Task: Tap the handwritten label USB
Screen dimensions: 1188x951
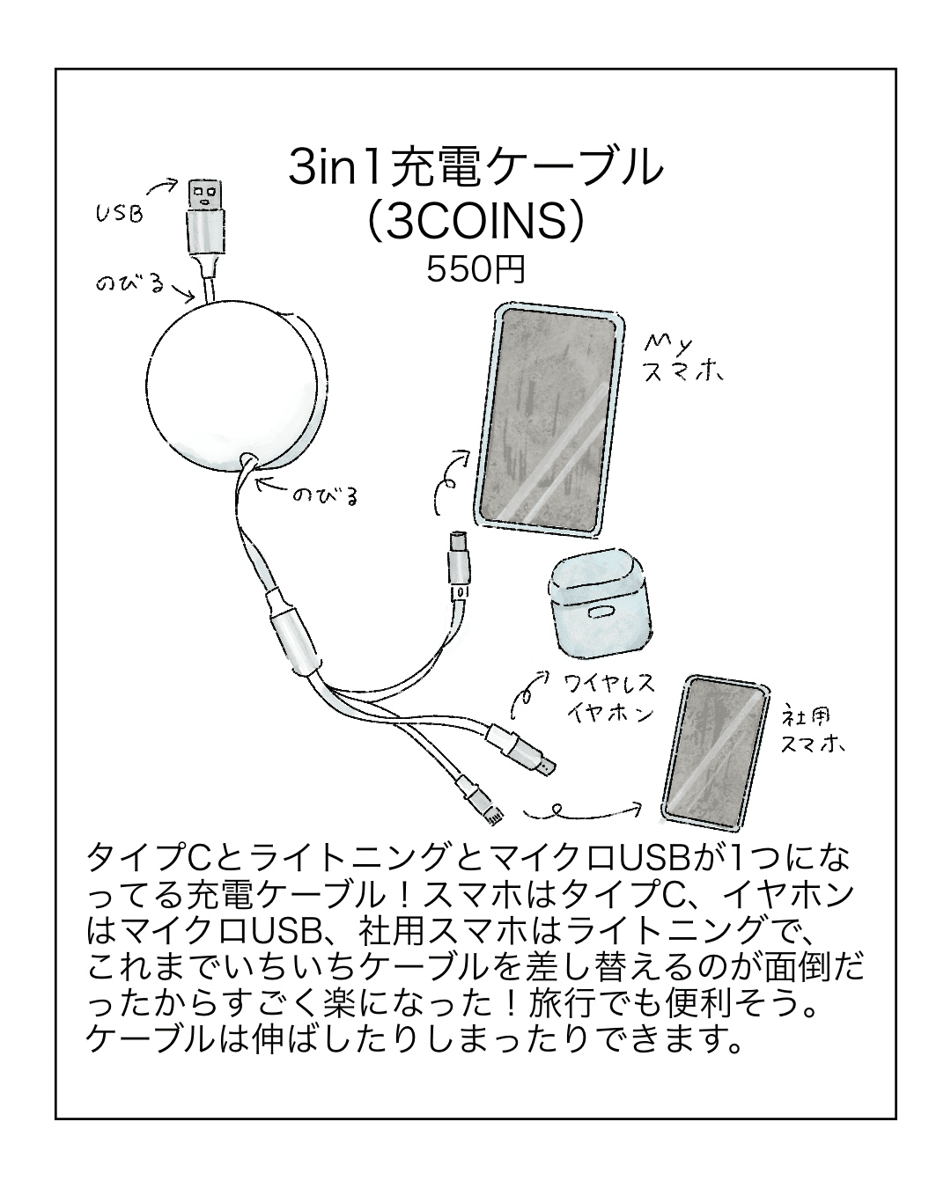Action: coord(120,212)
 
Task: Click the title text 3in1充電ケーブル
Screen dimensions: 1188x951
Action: coord(475,168)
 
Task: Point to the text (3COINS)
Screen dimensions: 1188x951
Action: coord(475,223)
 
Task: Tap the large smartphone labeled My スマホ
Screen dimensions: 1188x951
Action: coord(546,419)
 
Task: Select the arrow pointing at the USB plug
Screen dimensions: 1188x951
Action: coord(163,187)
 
